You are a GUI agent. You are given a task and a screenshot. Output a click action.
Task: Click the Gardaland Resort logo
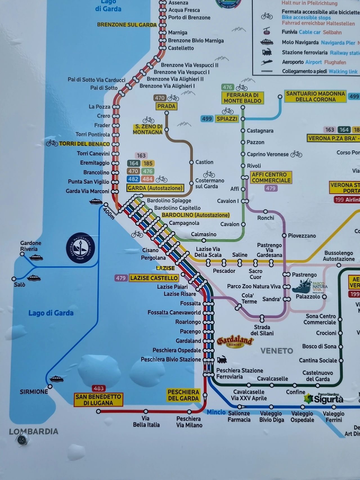235,341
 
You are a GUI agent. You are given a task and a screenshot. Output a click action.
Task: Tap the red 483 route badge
99,388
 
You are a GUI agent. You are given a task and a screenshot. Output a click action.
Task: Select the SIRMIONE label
34,392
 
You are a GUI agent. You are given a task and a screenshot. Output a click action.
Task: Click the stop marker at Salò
14,279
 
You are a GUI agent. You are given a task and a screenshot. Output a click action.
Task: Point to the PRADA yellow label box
166,106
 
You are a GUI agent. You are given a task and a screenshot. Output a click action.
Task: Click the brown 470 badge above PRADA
159,98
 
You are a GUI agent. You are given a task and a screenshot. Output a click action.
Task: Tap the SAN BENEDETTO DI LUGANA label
98,400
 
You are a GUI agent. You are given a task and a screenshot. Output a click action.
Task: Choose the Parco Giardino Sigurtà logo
324,398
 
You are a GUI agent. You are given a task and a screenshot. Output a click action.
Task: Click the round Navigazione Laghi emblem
80,248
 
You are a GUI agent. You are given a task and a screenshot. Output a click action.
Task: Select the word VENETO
277,351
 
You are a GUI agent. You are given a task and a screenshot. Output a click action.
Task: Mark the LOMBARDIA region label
33,432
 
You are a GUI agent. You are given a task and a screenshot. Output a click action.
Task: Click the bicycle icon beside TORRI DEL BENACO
52,143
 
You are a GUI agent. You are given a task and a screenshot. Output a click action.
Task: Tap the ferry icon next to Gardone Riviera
36,257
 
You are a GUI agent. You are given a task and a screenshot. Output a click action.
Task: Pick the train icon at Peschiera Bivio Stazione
222,359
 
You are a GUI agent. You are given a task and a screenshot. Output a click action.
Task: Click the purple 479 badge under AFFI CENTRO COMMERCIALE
271,188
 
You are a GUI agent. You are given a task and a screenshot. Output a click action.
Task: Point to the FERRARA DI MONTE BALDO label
242,98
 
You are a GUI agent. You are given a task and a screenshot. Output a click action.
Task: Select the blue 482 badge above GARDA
133,179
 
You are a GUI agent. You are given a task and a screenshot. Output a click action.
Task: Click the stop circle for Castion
191,162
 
